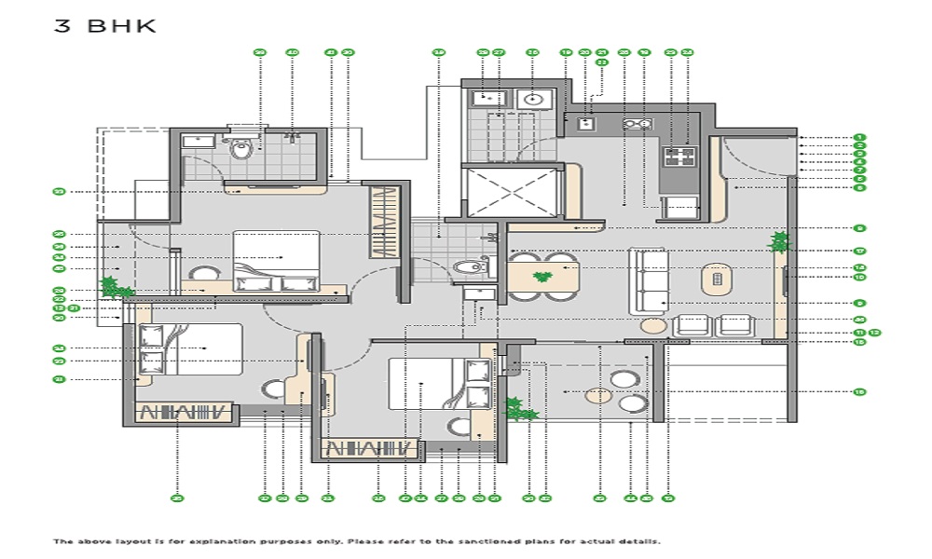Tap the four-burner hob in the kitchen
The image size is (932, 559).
click(x=679, y=157)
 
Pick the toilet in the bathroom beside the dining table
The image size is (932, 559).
click(x=470, y=267)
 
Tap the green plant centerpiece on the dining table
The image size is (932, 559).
click(x=540, y=277)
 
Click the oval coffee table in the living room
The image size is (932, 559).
click(x=715, y=277)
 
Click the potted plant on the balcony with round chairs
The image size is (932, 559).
click(x=517, y=408)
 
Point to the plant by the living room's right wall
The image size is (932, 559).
click(x=779, y=242)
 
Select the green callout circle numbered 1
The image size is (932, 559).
click(x=859, y=138)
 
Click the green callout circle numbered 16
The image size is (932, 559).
click(x=859, y=392)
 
